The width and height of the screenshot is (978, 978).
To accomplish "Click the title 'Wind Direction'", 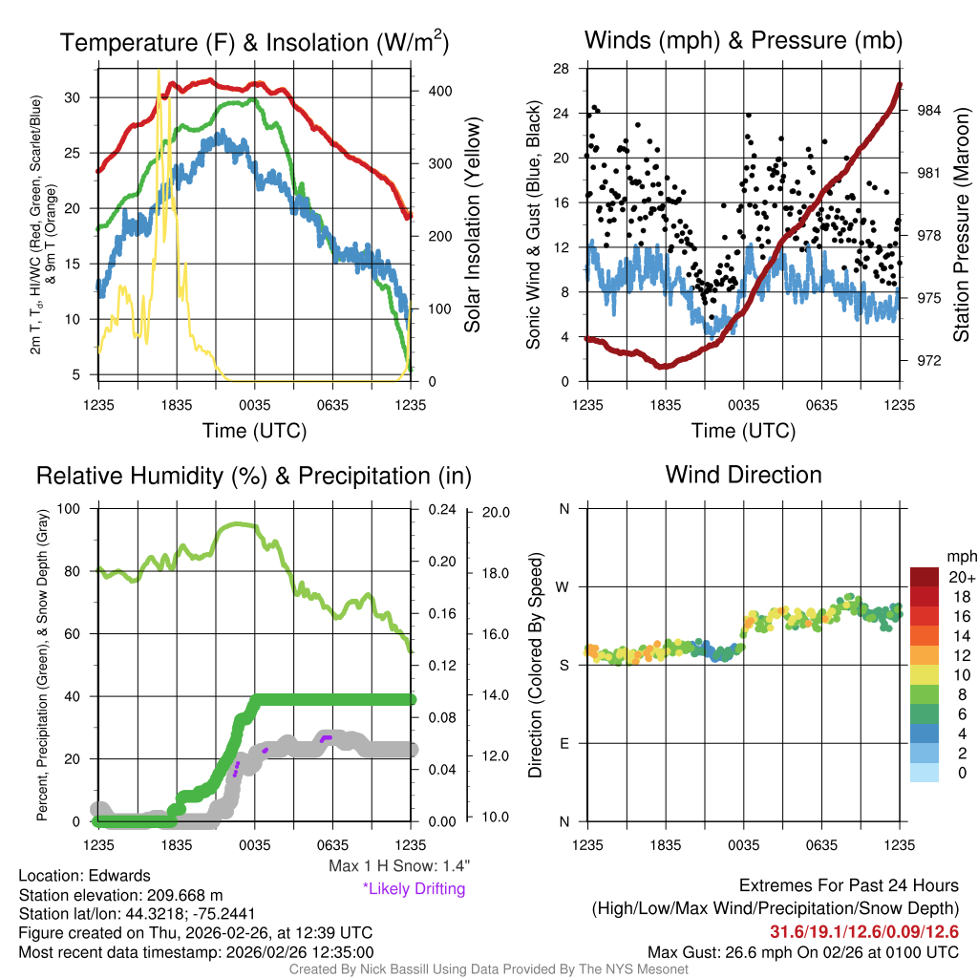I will pyautogui.click(x=743, y=475).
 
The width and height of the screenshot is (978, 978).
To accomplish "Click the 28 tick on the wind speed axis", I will pyautogui.click(x=562, y=69).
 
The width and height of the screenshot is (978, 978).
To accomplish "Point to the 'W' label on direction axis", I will pyautogui.click(x=563, y=586).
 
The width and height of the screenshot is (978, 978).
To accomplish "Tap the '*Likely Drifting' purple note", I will pyautogui.click(x=414, y=889).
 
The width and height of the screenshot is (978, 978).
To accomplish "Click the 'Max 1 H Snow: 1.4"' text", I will pyautogui.click(x=398, y=866).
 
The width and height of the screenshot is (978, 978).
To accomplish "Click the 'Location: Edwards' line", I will pyautogui.click(x=84, y=876).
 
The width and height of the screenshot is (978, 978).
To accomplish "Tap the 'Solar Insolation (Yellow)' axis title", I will pyautogui.click(x=473, y=225).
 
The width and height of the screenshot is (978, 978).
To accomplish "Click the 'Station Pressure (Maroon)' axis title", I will pyautogui.click(x=962, y=225).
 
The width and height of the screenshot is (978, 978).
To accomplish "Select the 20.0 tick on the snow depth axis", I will pyautogui.click(x=494, y=512).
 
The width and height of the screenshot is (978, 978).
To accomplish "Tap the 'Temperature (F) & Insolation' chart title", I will pyautogui.click(x=254, y=43).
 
